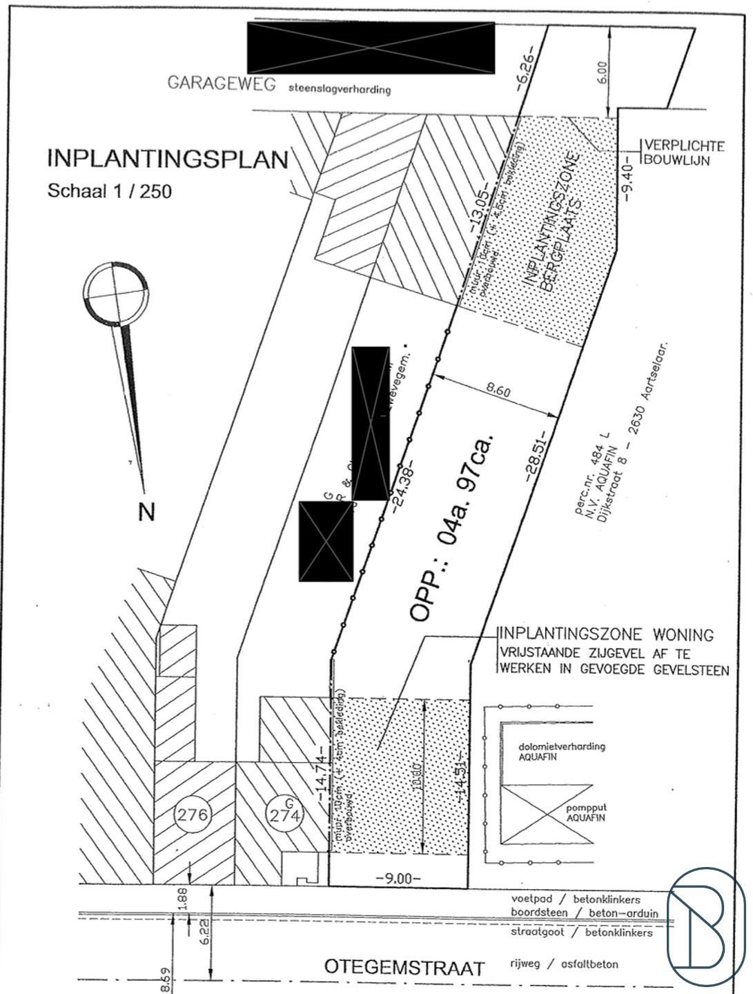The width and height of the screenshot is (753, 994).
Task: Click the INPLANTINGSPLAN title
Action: [168, 159]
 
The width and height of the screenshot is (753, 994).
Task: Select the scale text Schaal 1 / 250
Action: [109, 191]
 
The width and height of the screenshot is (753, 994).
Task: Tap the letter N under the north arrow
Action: [146, 512]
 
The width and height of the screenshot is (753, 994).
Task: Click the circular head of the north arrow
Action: [115, 293]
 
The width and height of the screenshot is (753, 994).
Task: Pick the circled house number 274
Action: [285, 815]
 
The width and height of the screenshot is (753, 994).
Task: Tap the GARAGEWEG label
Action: [222, 84]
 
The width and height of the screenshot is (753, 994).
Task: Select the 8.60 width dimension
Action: [498, 391]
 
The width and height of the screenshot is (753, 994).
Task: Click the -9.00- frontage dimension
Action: [398, 879]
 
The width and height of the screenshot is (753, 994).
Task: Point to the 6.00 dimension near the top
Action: [601, 72]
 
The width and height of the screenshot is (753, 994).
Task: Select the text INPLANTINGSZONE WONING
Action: [606, 634]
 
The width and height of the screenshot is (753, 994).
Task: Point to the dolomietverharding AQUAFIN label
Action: [551, 751]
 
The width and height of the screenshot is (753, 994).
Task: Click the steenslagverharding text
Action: [339, 89]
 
